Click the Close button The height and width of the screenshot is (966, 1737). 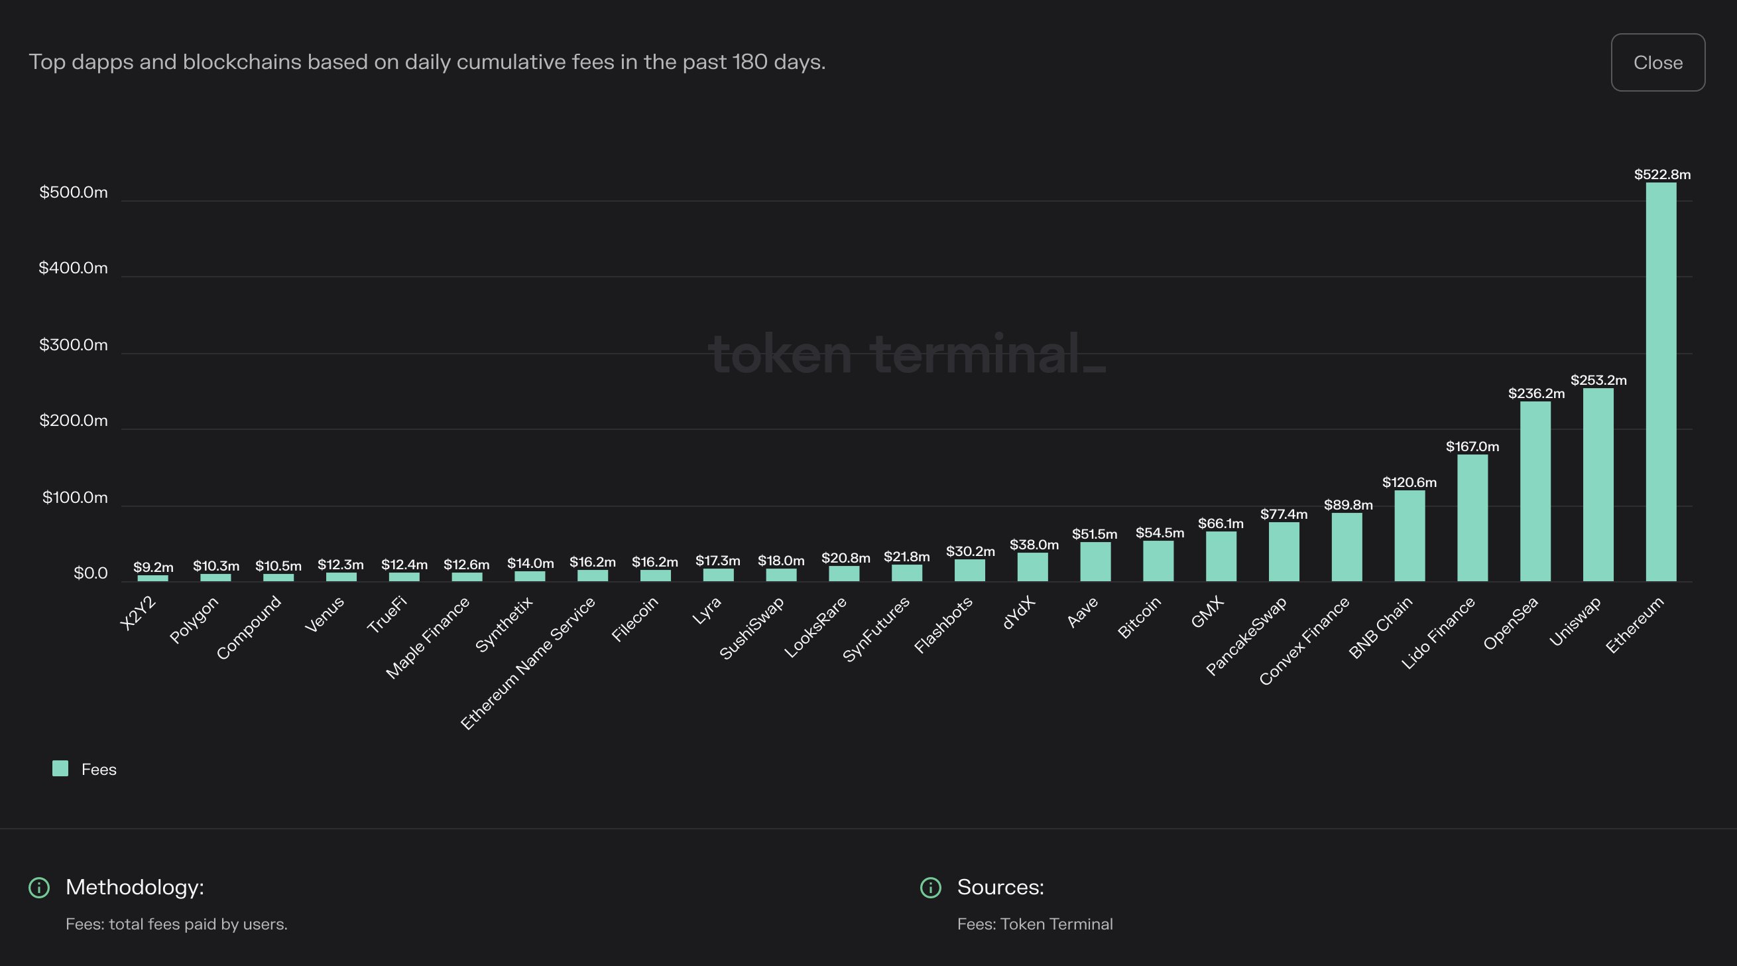coord(1657,62)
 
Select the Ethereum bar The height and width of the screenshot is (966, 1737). coord(1661,381)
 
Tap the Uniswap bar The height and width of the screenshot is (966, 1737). coord(1597,484)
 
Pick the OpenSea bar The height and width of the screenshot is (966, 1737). coord(1535,491)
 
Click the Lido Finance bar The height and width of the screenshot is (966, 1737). coord(1472,517)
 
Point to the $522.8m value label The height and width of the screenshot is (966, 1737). coord(1661,174)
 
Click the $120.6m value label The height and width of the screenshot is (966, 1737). coord(1409,482)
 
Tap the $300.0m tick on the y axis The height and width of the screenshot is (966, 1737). coord(74,345)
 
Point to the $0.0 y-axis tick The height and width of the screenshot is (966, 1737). coord(90,573)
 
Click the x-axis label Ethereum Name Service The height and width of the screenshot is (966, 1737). coord(528,663)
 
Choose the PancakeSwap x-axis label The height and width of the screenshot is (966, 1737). coord(1246,636)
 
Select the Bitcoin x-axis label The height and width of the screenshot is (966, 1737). coord(1140,617)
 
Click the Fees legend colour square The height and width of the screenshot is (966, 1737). coord(60,768)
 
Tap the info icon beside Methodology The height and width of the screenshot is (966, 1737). coord(39,888)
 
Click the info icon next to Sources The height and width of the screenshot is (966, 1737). coord(931,888)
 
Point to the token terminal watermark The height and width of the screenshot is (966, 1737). coord(906,354)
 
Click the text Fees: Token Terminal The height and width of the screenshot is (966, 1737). coord(1034,924)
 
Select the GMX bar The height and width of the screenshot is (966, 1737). coord(1221,556)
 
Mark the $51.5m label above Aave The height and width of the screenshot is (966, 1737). coord(1095,534)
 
